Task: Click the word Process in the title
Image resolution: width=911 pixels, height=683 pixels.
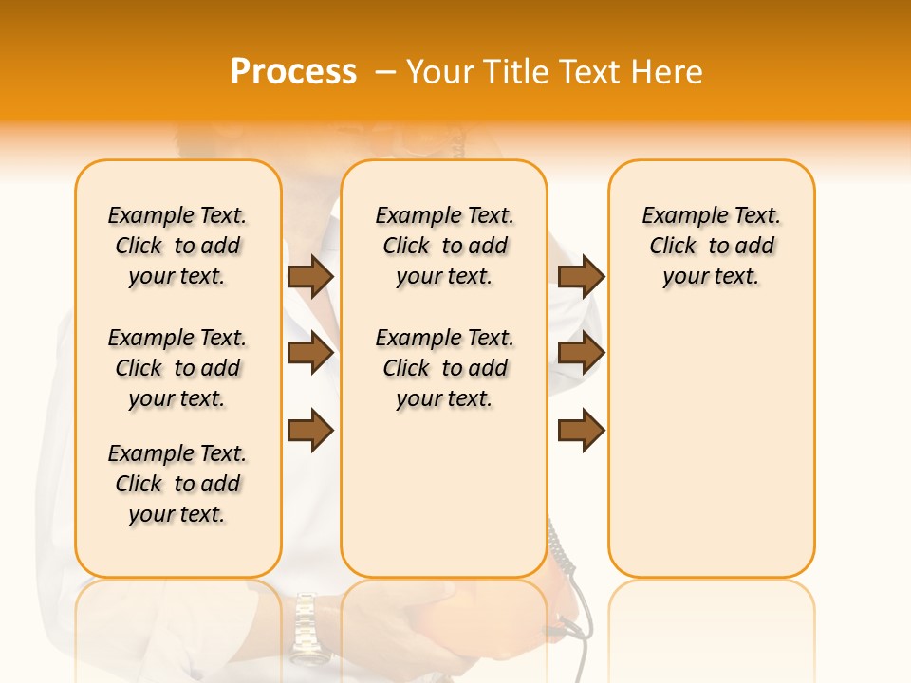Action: point(293,72)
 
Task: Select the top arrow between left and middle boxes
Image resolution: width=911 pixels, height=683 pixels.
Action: point(309,276)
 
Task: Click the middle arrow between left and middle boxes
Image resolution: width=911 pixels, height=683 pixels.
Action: point(309,354)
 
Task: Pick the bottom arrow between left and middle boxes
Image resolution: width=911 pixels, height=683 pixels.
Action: point(309,432)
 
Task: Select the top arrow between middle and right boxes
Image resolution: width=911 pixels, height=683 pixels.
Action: point(581,276)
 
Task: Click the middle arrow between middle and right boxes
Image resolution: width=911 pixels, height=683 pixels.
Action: point(581,354)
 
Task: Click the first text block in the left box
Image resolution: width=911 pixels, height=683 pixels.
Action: point(177,246)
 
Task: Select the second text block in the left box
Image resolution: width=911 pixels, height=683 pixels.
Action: point(177,368)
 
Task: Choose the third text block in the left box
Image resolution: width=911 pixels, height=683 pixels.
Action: point(177,484)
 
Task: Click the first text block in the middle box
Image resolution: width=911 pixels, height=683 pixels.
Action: point(444,246)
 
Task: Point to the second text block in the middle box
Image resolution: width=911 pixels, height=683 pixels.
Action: point(444,368)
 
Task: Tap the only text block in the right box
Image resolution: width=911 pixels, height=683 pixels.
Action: point(711,246)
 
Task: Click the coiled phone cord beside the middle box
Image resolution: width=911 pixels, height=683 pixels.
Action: point(561,550)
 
